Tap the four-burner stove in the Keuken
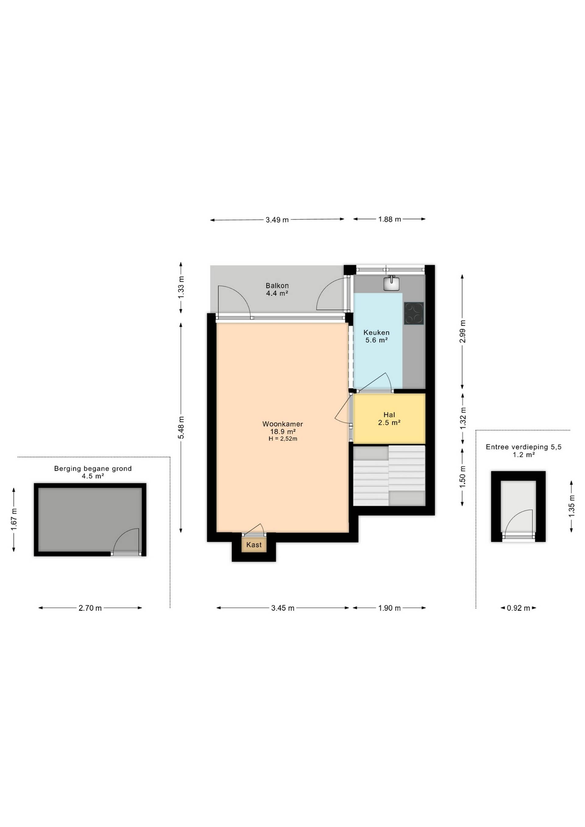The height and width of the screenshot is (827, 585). point(413,313)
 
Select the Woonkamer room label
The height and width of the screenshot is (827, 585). point(282,424)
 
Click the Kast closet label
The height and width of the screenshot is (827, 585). point(254,545)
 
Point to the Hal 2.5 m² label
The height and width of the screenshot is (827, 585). point(389,419)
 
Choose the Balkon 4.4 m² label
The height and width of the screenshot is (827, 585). point(277,289)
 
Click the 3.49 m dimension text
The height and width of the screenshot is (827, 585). point(277,220)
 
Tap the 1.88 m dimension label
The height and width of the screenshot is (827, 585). point(389,219)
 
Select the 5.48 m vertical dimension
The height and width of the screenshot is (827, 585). point(181,428)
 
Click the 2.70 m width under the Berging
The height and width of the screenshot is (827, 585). point(90,608)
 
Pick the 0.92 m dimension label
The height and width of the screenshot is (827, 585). point(518,608)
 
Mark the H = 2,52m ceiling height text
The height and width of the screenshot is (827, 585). point(283,439)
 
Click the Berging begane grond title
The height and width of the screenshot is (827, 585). point(93,469)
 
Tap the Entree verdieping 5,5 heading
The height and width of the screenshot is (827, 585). point(523,447)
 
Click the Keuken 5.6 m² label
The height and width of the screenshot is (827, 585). point(376,336)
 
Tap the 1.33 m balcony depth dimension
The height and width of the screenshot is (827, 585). point(181,287)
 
